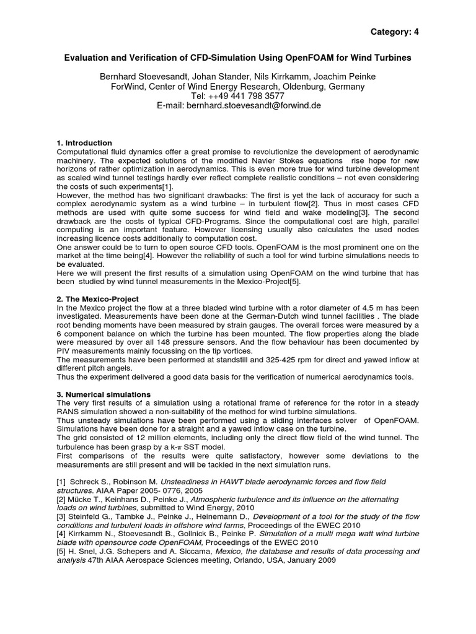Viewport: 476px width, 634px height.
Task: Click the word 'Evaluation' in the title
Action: [89, 58]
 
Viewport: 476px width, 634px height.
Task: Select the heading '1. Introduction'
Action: [84, 143]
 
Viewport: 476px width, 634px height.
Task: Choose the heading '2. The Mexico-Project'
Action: [98, 299]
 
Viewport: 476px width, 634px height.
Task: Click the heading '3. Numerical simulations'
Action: [104, 394]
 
